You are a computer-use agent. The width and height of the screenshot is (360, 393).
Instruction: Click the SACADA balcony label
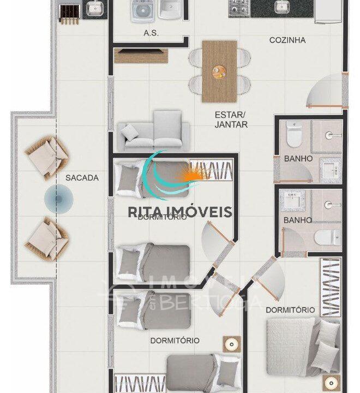(x=82, y=177)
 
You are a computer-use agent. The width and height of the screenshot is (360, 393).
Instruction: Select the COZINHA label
(x=287, y=40)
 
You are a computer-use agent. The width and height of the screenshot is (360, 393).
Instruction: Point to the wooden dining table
(x=219, y=71)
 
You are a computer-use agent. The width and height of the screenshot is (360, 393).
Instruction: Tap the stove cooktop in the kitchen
(x=238, y=7)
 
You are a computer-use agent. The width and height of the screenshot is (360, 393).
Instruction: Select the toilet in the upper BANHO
(x=293, y=134)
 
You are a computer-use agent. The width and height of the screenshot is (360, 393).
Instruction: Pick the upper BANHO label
(x=298, y=159)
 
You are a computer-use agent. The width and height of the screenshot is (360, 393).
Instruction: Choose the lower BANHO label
(x=298, y=221)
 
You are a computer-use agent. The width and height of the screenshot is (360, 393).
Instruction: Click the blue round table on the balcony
(x=57, y=199)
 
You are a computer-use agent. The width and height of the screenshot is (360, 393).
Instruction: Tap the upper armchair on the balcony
(x=47, y=157)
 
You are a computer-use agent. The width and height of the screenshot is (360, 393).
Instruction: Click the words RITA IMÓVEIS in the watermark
(x=180, y=212)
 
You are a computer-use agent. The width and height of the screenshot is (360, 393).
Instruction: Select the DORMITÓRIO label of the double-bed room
(x=290, y=309)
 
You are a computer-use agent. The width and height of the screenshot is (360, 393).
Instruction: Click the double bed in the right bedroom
(x=300, y=347)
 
